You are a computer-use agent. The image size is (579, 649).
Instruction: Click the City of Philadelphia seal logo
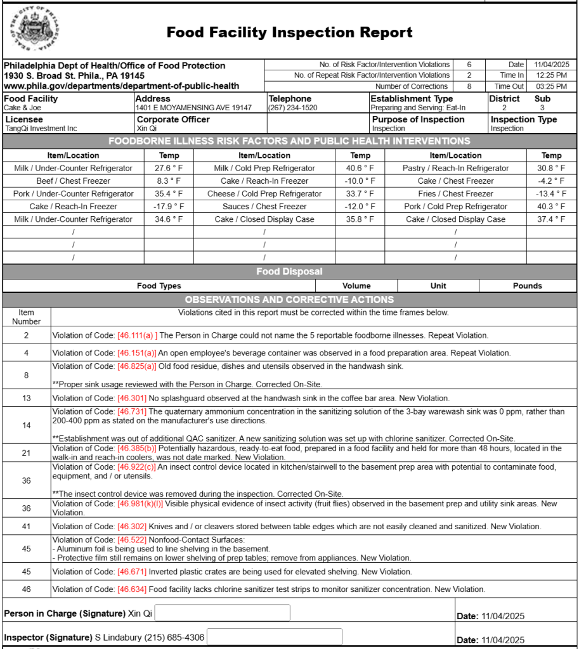[36, 29]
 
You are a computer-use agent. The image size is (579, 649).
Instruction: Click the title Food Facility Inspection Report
[289, 32]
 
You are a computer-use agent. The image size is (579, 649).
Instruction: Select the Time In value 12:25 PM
[550, 75]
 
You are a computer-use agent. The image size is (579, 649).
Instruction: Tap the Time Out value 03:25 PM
[550, 86]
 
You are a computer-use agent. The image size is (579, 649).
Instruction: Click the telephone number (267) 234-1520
[293, 108]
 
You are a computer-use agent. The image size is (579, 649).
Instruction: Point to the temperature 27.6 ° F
[169, 168]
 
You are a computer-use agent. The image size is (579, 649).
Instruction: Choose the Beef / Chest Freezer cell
[74, 181]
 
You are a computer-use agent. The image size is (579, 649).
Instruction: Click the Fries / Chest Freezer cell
[455, 194]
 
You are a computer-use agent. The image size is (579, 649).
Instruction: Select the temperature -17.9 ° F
[169, 207]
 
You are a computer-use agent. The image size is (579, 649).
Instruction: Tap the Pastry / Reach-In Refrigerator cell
[455, 168]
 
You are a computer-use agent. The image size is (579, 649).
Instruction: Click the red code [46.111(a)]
[137, 335]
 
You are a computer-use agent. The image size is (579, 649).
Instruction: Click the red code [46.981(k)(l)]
[140, 504]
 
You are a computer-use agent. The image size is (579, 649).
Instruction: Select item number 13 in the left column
[27, 398]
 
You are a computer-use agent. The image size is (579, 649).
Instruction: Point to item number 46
[27, 589]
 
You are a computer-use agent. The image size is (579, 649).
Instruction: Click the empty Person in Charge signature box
[222, 613]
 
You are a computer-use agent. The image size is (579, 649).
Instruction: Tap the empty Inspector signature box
[275, 637]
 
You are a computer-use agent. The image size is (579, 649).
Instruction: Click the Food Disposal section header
[289, 272]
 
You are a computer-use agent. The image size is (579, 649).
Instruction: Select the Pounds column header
[527, 286]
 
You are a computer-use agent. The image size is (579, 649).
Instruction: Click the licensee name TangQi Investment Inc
[41, 129]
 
